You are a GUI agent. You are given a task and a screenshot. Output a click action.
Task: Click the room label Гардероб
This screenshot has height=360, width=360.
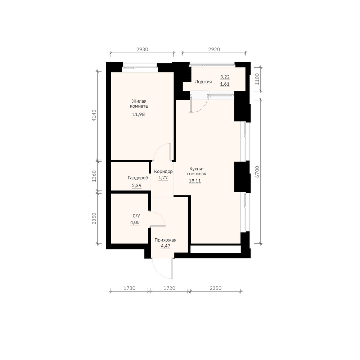click(x=138, y=178)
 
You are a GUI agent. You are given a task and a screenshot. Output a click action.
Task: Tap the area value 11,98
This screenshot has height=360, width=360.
click(x=139, y=114)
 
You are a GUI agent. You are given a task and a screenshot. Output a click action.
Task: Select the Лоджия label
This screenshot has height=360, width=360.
click(x=203, y=82)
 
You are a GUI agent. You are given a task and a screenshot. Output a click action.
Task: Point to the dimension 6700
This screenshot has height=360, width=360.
click(x=257, y=171)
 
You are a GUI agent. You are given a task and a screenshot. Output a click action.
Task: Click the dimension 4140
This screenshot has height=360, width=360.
click(x=94, y=116)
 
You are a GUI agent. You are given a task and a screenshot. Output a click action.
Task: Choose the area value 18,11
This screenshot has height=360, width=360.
click(x=195, y=181)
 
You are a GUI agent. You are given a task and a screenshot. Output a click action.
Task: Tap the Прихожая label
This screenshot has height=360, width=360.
click(x=165, y=240)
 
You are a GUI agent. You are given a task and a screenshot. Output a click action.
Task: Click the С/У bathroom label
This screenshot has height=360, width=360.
click(x=136, y=216)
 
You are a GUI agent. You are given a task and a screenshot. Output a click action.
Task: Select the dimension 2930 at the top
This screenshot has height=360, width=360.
click(x=142, y=49)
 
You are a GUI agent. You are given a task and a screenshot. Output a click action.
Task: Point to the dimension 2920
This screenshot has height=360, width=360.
click(x=214, y=49)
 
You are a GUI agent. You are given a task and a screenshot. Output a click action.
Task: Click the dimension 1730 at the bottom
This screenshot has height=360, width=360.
click(x=130, y=288)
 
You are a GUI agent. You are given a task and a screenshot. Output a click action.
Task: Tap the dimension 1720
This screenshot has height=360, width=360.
click(x=170, y=288)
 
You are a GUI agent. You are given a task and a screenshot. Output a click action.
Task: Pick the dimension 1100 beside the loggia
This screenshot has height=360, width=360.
click(x=257, y=79)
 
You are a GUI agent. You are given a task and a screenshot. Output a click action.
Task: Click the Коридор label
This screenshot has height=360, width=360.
click(x=163, y=171)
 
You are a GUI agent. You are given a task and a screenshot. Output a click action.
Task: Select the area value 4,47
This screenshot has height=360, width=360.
click(x=166, y=246)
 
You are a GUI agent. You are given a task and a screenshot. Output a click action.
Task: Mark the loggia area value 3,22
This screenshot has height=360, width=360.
click(x=225, y=77)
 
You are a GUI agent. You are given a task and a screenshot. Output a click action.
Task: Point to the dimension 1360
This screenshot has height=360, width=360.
click(x=94, y=176)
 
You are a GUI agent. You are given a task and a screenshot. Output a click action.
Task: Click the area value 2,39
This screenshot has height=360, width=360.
click(x=136, y=185)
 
